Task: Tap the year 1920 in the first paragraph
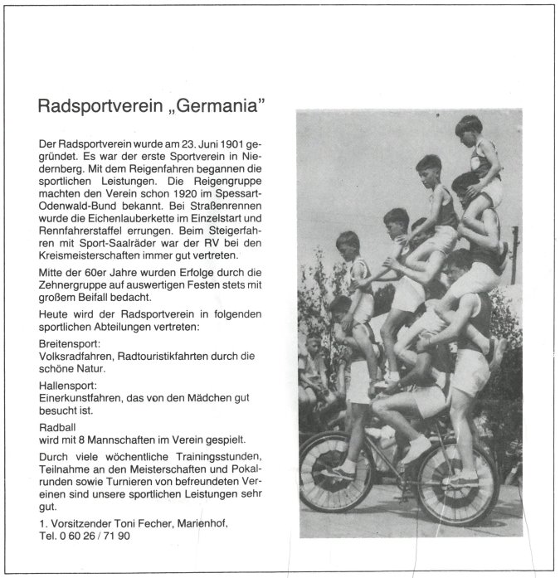click(173, 177)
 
